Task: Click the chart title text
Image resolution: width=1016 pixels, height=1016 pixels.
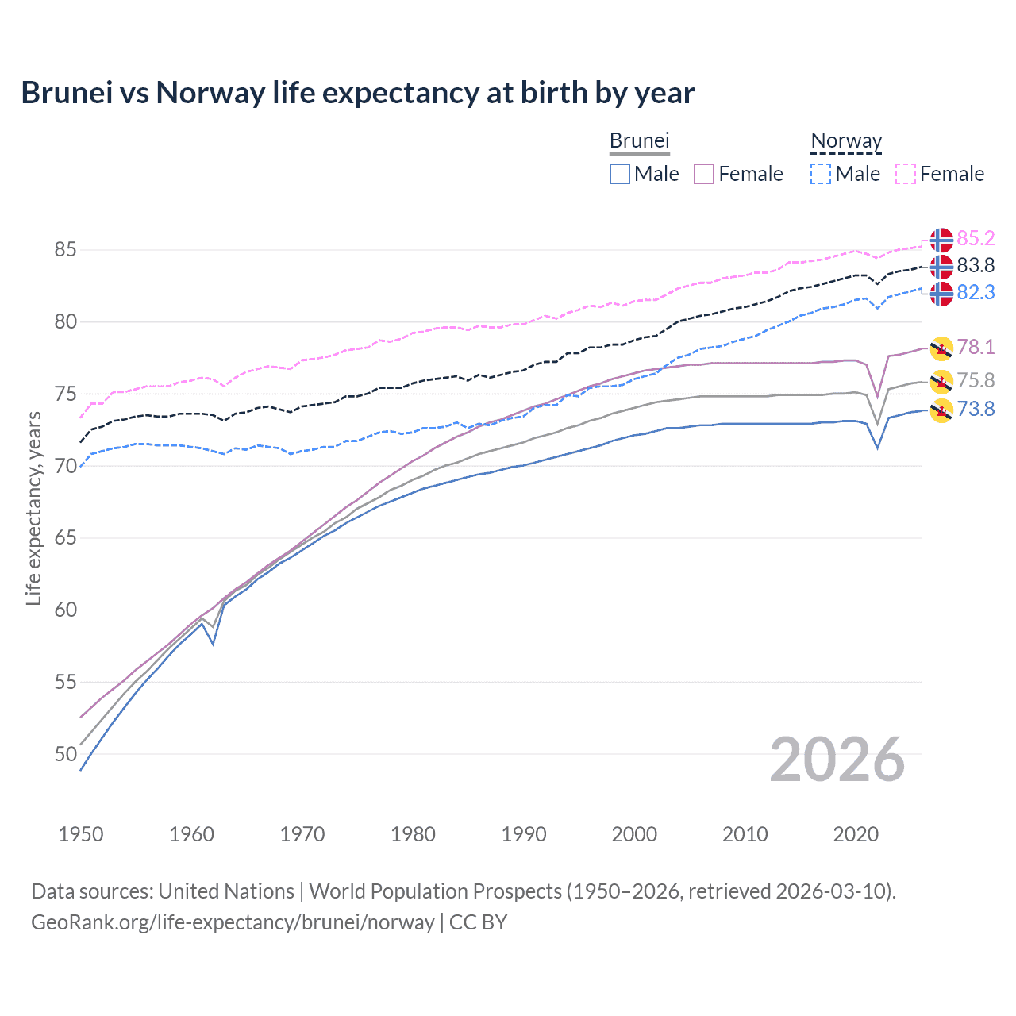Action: [x=357, y=93]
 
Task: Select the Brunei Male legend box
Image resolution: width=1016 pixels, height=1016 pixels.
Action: [x=620, y=174]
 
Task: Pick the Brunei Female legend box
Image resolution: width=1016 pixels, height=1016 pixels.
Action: [x=704, y=174]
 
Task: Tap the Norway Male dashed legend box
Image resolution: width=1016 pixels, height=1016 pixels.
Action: [x=821, y=174]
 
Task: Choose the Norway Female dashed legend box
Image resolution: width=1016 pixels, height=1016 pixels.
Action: [x=906, y=174]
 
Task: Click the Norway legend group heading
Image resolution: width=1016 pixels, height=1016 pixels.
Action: [x=846, y=141]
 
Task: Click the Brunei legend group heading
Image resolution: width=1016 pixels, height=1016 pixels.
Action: [x=640, y=141]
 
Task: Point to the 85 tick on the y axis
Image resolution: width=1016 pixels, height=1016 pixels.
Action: [x=65, y=250]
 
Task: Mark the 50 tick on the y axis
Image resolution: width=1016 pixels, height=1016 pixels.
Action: [x=65, y=754]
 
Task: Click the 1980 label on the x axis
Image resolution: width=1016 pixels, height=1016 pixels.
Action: [x=413, y=834]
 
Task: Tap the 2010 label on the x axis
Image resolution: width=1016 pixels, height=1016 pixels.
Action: [x=745, y=834]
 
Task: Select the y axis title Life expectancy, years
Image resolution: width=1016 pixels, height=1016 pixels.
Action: [x=33, y=508]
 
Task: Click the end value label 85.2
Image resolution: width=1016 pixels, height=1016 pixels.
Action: [x=976, y=239]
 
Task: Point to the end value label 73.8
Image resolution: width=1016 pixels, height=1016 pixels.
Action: [x=976, y=410]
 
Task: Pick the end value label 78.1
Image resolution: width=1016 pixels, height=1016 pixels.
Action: [x=976, y=347]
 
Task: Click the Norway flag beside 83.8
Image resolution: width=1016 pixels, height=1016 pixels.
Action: [x=941, y=267]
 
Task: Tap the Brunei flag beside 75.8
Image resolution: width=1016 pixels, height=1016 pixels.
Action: [x=941, y=382]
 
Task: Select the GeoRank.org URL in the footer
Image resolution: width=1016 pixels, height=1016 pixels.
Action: [x=233, y=922]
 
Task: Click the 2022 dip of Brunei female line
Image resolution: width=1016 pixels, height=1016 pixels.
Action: [x=877, y=396]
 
